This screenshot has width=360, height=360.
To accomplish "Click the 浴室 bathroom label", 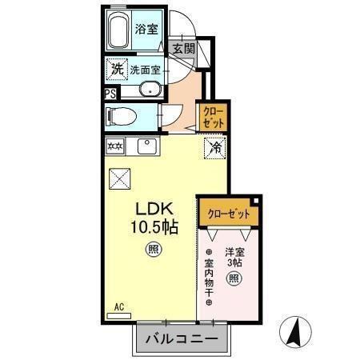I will click(146, 30).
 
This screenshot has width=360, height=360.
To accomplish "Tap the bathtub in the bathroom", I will click(121, 32).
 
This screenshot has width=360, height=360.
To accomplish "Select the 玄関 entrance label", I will click(183, 48).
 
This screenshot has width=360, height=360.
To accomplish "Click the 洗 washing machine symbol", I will click(118, 70).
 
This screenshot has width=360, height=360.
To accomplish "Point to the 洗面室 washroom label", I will click(146, 70).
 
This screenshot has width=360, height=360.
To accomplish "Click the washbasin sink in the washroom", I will click(150, 90).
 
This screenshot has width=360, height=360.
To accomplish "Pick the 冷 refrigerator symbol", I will click(214, 147).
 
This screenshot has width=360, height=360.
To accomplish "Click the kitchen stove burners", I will click(115, 146).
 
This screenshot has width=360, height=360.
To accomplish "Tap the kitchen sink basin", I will click(146, 146).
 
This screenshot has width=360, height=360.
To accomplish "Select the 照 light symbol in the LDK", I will click(151, 250).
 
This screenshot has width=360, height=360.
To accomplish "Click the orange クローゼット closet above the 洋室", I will click(229, 214).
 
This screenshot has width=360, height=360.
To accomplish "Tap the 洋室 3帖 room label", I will click(234, 257).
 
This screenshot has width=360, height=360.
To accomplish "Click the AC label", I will click(118, 307).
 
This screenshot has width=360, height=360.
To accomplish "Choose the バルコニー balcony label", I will click(181, 339).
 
